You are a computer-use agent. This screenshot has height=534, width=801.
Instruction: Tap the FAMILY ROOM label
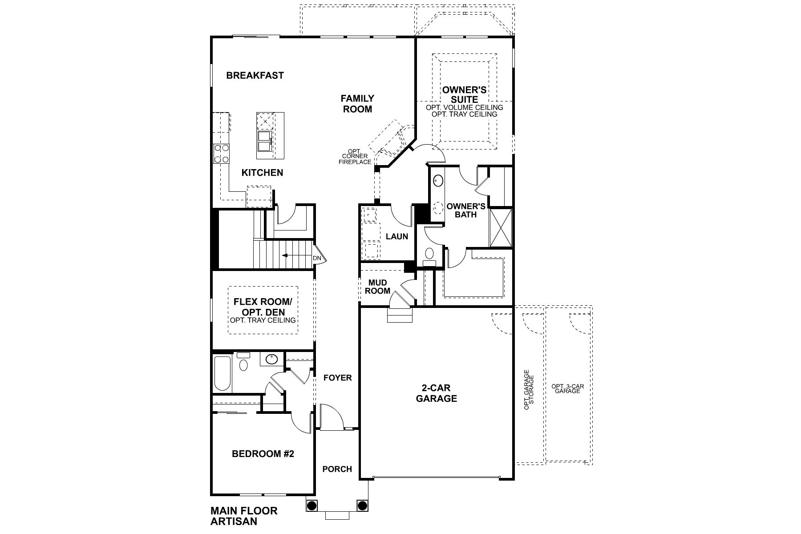pyautogui.click(x=357, y=103)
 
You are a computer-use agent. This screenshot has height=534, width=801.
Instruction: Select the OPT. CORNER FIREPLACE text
pyautogui.click(x=355, y=157)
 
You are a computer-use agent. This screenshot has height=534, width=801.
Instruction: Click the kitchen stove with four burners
pyautogui.click(x=222, y=154)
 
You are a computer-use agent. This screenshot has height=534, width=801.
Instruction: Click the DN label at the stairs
pyautogui.click(x=317, y=258)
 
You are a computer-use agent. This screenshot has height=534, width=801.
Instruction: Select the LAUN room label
pyautogui.click(x=396, y=237)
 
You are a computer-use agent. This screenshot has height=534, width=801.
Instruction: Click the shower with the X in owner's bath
pyautogui.click(x=501, y=227)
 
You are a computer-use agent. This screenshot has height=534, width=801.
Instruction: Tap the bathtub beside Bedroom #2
pyautogui.click(x=222, y=373)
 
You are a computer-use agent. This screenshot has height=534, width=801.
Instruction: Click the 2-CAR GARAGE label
pyautogui.click(x=436, y=393)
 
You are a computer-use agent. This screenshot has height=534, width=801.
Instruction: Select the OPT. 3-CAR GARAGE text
pyautogui.click(x=567, y=388)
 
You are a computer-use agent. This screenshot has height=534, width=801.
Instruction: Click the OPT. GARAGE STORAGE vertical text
pyautogui.click(x=529, y=389)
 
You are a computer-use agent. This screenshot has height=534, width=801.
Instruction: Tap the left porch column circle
pyautogui.click(x=311, y=506)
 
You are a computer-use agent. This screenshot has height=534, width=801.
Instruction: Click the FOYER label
pyautogui.click(x=337, y=378)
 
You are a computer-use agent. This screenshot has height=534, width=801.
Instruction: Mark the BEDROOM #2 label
pyautogui.click(x=263, y=454)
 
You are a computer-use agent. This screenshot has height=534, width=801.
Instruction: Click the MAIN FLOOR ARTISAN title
pyautogui.click(x=243, y=515)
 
